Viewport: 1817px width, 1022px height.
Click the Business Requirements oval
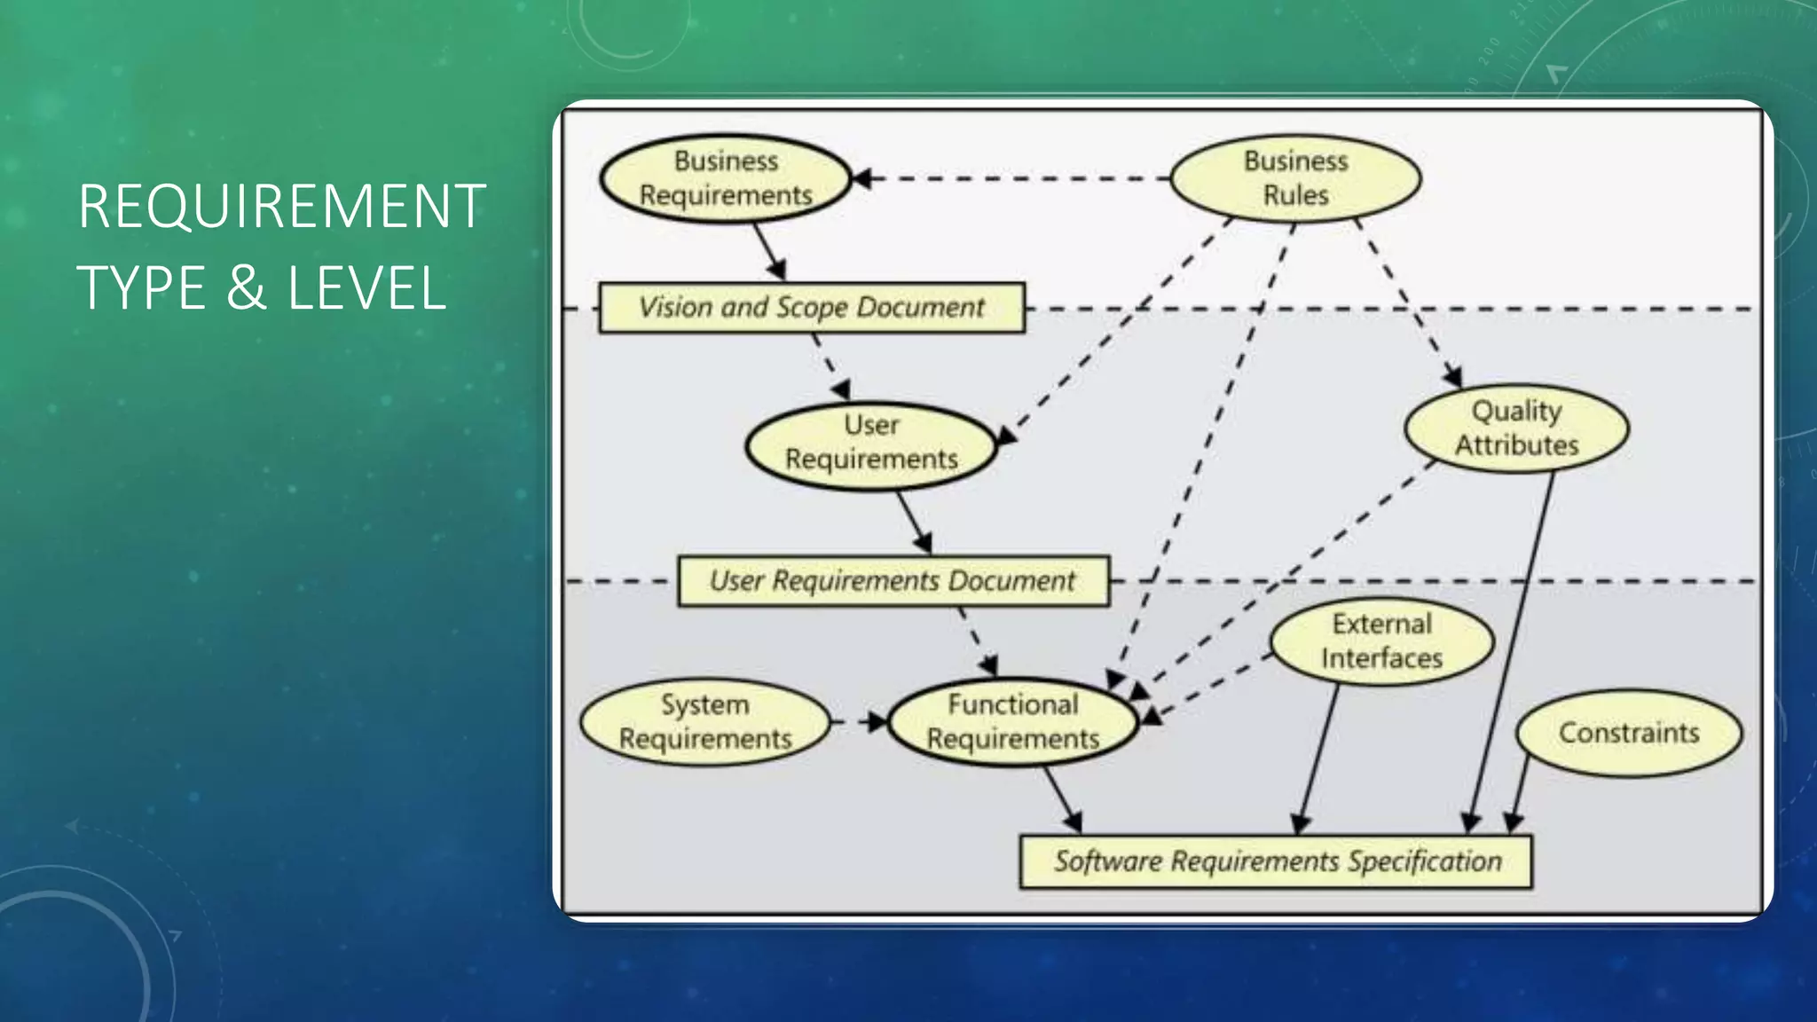point(725,178)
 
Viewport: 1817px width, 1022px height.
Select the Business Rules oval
point(1295,178)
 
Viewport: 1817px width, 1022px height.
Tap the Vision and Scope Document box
point(811,308)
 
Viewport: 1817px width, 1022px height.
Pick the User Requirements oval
point(871,443)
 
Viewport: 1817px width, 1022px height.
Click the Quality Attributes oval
point(1516,428)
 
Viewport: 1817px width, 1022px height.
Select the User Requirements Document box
point(893,581)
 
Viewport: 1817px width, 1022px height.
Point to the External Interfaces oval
point(1381,641)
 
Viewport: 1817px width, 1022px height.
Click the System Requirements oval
point(705,722)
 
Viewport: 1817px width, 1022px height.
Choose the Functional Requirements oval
point(1012,722)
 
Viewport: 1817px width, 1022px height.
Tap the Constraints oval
point(1629,733)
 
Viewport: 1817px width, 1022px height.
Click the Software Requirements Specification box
point(1276,861)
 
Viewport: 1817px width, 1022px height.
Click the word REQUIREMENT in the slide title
point(281,206)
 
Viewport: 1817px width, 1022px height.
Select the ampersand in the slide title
point(246,287)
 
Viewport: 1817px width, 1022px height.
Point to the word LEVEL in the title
point(366,287)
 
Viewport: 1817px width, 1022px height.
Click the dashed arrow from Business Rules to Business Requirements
point(1011,178)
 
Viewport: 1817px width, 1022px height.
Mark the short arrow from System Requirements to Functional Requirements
point(860,722)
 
